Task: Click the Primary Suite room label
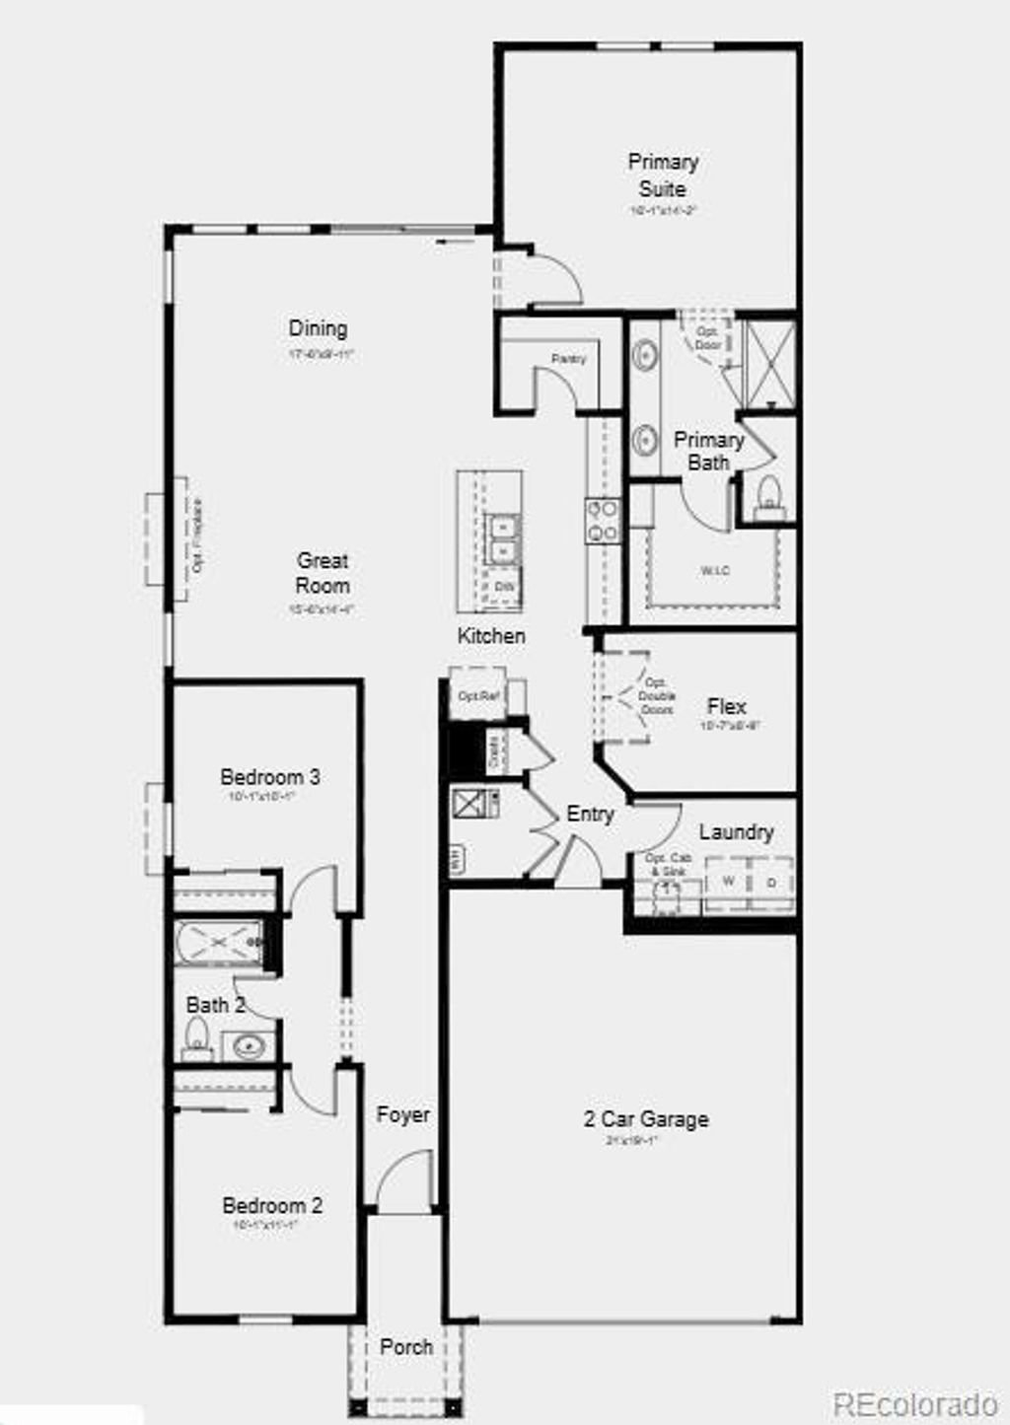[663, 175]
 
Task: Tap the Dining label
[318, 328]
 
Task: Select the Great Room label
[323, 573]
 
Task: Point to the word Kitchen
[491, 636]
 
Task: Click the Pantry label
[568, 359]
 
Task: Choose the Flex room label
[726, 706]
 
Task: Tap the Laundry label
[736, 832]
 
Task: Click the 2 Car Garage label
[646, 1119]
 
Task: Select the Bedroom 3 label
[269, 777]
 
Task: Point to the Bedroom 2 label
[271, 1205]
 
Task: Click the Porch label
[406, 1347]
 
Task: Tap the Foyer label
[402, 1114]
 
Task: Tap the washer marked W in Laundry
[728, 881]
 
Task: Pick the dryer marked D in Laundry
[771, 882]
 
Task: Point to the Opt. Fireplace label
[199, 537]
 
